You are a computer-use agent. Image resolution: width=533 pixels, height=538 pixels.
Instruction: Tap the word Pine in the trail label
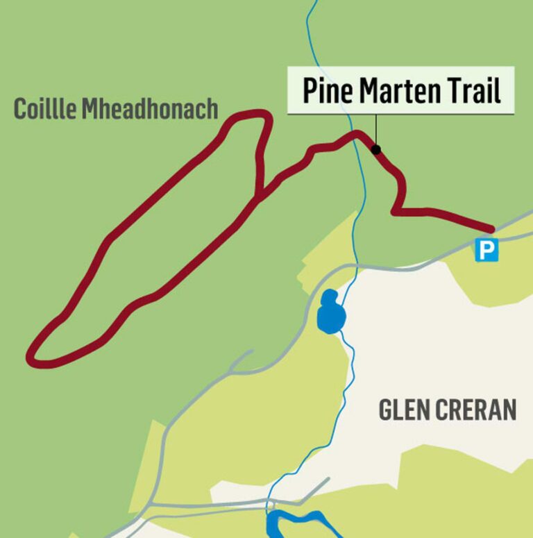click(x=325, y=91)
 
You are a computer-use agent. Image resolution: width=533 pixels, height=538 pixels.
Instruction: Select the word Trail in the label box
click(x=477, y=91)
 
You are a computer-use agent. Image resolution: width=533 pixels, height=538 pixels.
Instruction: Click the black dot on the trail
click(x=375, y=149)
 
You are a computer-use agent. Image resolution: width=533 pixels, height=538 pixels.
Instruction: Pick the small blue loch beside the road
click(x=330, y=312)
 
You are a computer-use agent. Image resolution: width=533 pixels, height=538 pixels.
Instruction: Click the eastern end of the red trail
click(x=491, y=228)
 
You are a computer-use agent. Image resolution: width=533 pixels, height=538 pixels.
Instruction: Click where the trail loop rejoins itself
click(x=260, y=196)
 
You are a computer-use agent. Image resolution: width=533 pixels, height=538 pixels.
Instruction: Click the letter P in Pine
click(x=310, y=91)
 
